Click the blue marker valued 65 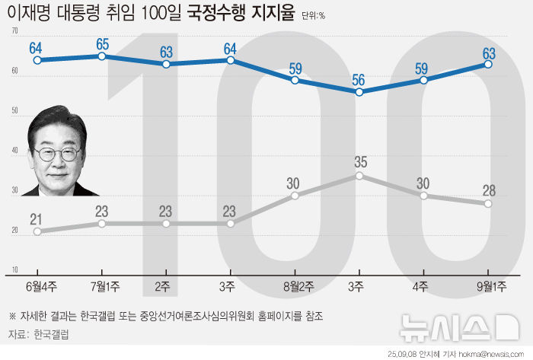[102, 56]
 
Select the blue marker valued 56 [359, 91]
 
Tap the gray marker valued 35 [359, 176]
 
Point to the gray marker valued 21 [37, 231]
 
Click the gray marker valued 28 [488, 203]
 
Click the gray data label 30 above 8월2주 [295, 183]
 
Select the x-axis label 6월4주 [37, 285]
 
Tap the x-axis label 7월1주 [102, 285]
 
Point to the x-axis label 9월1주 [488, 285]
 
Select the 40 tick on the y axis [15, 151]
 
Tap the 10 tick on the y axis [15, 270]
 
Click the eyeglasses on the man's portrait [58, 153]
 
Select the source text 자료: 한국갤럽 [38, 333]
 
